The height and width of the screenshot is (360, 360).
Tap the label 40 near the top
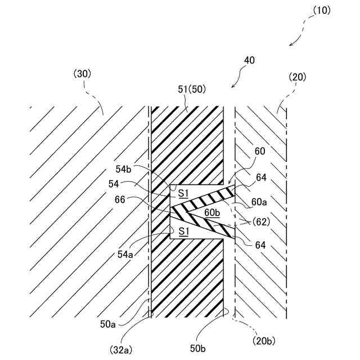pyautogui.click(x=250, y=60)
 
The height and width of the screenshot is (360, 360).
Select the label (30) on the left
pyautogui.click(x=82, y=73)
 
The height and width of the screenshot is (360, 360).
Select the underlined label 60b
pyautogui.click(x=213, y=212)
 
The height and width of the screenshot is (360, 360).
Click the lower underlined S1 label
pyautogui.click(x=183, y=231)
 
